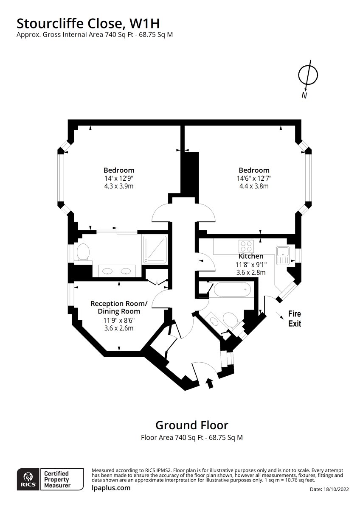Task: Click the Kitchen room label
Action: [x=251, y=256]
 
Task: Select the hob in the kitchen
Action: [x=246, y=246]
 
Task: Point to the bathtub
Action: [x=232, y=291]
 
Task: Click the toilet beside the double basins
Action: [x=83, y=253]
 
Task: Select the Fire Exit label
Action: [x=295, y=319]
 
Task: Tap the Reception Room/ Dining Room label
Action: [x=119, y=308]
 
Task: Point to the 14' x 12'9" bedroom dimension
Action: [x=119, y=179]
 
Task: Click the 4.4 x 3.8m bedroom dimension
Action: [x=253, y=186]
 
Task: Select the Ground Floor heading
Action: [x=191, y=425]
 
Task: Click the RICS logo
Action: [x=27, y=479]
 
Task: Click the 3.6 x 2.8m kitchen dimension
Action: [x=251, y=272]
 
